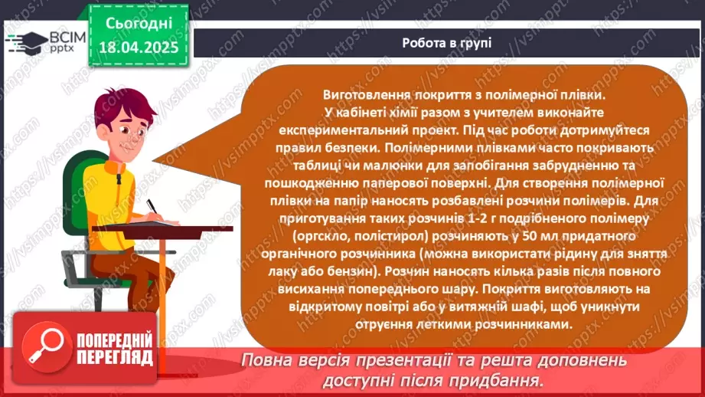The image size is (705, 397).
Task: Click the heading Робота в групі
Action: click(446, 43)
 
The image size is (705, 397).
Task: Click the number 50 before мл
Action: click(504, 235)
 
